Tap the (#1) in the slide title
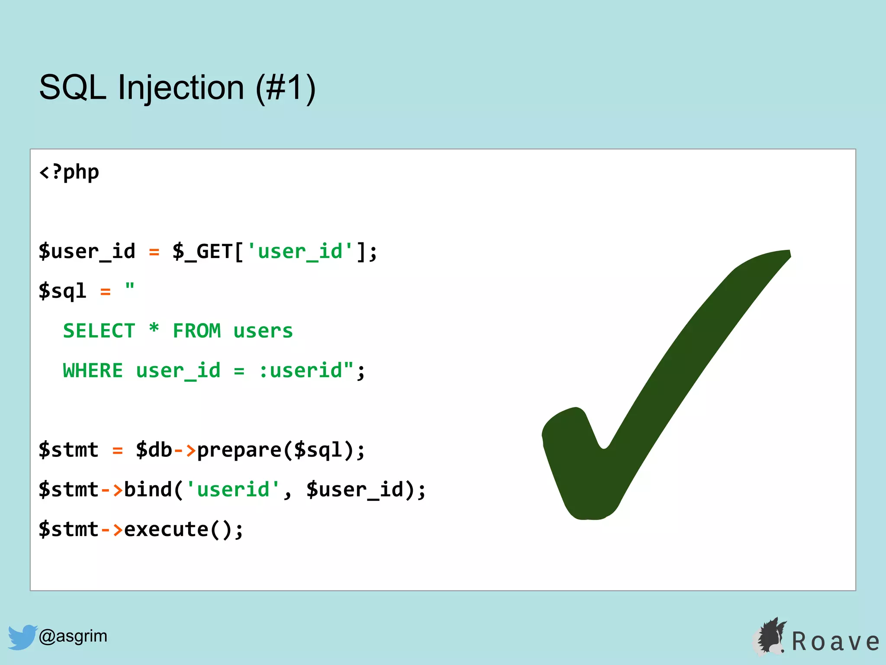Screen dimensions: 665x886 click(x=286, y=88)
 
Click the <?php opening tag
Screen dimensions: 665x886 click(x=69, y=172)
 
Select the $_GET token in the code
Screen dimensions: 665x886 click(x=202, y=252)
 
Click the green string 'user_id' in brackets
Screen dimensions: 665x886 click(x=299, y=252)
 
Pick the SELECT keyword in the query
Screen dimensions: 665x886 click(x=99, y=331)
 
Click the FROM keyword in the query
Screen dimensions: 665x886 click(x=197, y=331)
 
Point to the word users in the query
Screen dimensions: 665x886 click(x=263, y=331)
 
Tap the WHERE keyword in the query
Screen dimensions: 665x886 click(x=93, y=371)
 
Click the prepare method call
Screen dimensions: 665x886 click(x=239, y=450)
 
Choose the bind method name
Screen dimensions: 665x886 click(x=148, y=490)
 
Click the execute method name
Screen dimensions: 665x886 click(x=166, y=529)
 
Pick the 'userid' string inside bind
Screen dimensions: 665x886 click(x=233, y=490)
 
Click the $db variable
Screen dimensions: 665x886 click(x=154, y=450)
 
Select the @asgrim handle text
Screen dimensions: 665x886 click(x=73, y=636)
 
